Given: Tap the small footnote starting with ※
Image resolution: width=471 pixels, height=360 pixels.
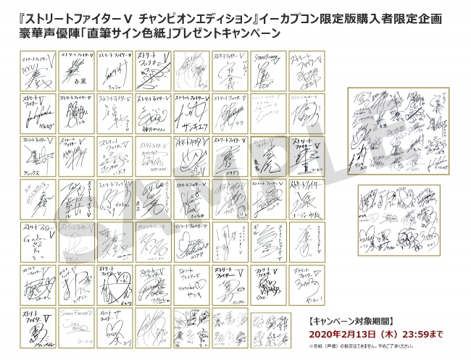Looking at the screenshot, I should [383, 346].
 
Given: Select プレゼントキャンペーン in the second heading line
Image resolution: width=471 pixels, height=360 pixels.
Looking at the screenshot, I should [218, 33].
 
